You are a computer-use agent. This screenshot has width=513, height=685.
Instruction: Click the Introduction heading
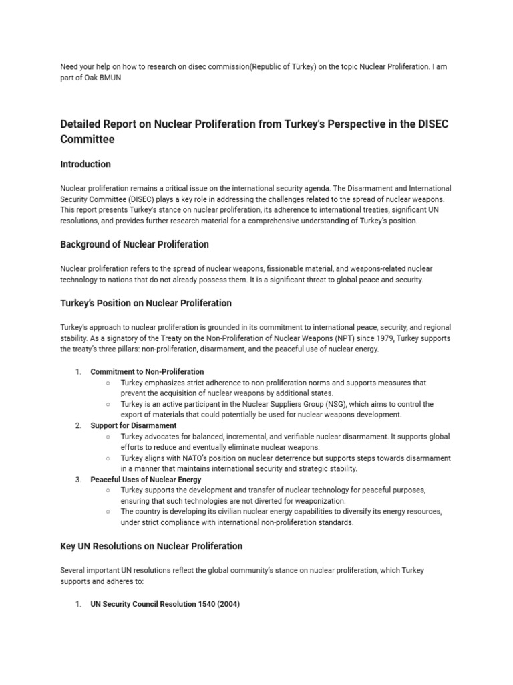pyautogui.click(x=85, y=164)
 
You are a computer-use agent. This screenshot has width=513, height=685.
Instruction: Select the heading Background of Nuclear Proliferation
pyautogui.click(x=134, y=244)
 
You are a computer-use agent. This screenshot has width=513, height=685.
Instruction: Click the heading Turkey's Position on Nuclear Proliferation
pyautogui.click(x=146, y=303)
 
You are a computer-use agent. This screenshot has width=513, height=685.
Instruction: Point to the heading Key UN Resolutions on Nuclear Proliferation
pyautogui.click(x=151, y=546)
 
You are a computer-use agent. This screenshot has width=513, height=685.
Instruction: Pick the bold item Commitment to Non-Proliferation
pyautogui.click(x=147, y=371)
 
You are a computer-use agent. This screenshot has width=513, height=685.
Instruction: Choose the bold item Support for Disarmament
pyautogui.click(x=134, y=425)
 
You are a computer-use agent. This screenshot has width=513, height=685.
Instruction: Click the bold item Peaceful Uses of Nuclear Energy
pyautogui.click(x=146, y=480)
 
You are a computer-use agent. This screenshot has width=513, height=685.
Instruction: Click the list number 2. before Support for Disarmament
pyautogui.click(x=78, y=425)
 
